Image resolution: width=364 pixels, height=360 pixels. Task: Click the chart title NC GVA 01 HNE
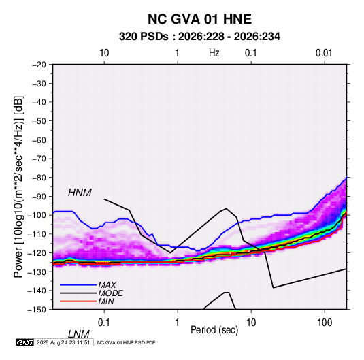click(x=199, y=19)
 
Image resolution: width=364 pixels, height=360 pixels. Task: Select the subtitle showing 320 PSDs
click(x=199, y=37)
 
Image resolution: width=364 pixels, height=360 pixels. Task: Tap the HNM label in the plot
click(x=80, y=193)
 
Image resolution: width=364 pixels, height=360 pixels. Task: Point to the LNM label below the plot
click(x=78, y=334)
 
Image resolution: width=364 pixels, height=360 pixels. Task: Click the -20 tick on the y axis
click(x=39, y=65)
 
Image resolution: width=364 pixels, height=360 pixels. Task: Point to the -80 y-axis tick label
click(x=39, y=178)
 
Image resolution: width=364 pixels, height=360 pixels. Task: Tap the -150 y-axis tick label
click(x=37, y=310)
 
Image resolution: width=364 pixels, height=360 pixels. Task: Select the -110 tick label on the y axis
click(x=37, y=234)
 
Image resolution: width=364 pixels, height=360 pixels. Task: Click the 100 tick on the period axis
click(x=325, y=323)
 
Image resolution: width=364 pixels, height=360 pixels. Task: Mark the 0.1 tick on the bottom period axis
click(x=104, y=323)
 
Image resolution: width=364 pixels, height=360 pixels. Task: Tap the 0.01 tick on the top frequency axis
click(x=324, y=53)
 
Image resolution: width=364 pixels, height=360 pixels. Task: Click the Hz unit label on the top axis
click(x=214, y=53)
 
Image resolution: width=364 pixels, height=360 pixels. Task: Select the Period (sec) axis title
click(x=214, y=330)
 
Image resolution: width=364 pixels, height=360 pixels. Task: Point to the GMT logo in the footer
click(x=25, y=342)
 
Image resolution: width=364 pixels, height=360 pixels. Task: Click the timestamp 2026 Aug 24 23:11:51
click(x=63, y=342)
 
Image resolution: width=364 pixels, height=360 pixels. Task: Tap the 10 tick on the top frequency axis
click(x=104, y=53)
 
